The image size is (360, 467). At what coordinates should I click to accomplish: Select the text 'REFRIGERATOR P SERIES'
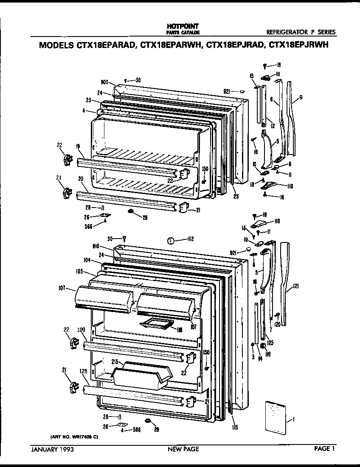301,32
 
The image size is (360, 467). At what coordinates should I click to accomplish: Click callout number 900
106,82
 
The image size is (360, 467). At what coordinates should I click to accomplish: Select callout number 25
235,196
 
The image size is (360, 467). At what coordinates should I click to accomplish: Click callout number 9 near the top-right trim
301,98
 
